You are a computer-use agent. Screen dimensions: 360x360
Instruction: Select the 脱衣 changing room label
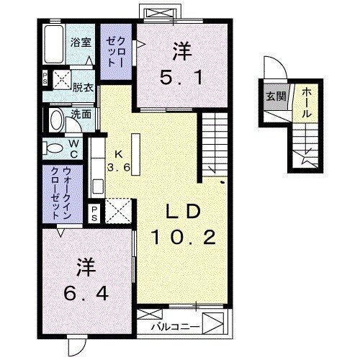point(83,88)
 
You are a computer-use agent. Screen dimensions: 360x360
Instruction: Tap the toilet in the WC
point(55,147)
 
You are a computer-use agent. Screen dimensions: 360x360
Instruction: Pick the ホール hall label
point(305,102)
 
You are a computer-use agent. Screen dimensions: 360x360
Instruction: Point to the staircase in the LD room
point(215,144)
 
